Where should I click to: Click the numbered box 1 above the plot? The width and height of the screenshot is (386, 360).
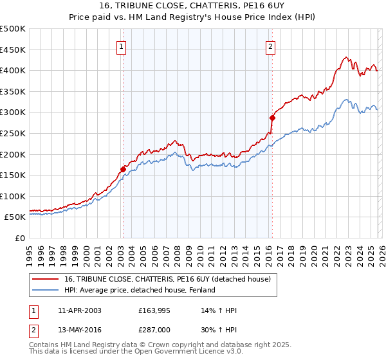(x=122, y=46)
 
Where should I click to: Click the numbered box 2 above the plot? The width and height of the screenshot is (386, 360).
(x=271, y=46)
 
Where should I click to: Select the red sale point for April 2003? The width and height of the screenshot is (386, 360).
(x=123, y=169)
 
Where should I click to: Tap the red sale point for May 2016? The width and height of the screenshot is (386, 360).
(x=272, y=118)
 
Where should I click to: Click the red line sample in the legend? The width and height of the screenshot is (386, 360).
(x=46, y=279)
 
